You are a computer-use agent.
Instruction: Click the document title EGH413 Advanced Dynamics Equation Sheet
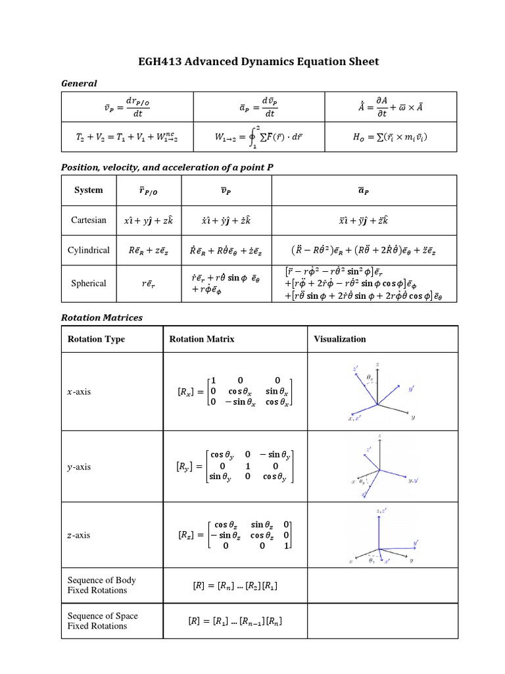(x=258, y=62)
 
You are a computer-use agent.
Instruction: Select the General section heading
(x=78, y=83)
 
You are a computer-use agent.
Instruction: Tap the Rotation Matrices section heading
(x=101, y=317)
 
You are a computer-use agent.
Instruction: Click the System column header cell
(x=89, y=190)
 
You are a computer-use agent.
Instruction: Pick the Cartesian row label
(x=89, y=220)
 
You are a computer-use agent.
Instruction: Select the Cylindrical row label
(x=89, y=250)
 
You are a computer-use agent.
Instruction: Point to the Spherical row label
(x=89, y=284)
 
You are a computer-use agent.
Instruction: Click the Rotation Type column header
(x=96, y=339)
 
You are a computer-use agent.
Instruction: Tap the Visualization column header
(x=340, y=339)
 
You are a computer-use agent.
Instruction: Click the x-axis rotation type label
(x=80, y=392)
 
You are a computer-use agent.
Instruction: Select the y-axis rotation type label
(x=80, y=467)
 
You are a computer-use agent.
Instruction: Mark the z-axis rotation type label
(x=80, y=535)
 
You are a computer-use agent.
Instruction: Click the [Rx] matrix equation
(x=234, y=392)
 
